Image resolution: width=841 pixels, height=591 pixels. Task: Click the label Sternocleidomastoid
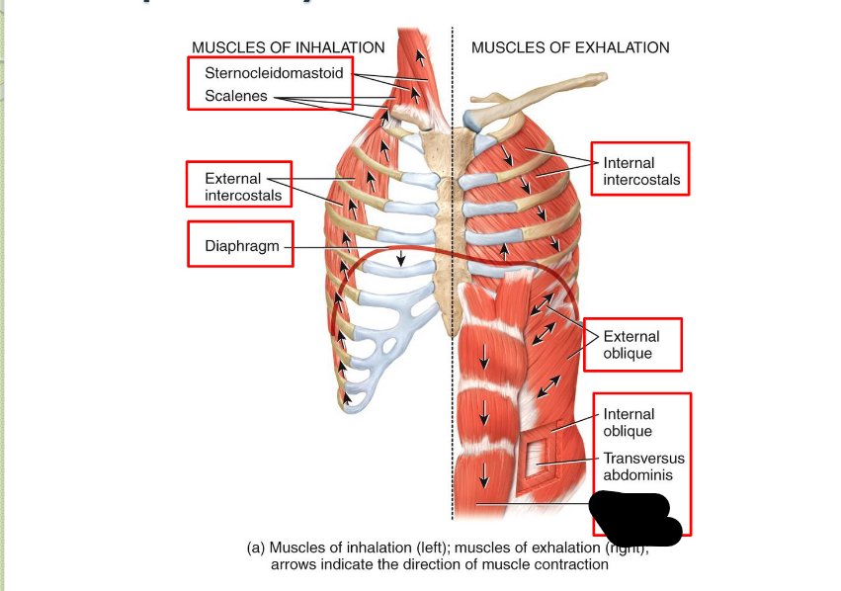274,73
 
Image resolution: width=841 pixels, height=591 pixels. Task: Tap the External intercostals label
242,187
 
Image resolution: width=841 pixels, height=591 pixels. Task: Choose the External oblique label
631,345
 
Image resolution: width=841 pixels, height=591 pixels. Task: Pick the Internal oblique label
629,423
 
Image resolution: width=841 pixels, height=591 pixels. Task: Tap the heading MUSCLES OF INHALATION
289,47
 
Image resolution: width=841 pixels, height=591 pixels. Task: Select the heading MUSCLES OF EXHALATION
570,47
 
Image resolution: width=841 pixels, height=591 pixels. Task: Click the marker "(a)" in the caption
256,549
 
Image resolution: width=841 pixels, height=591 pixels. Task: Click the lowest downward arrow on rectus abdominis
483,476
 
